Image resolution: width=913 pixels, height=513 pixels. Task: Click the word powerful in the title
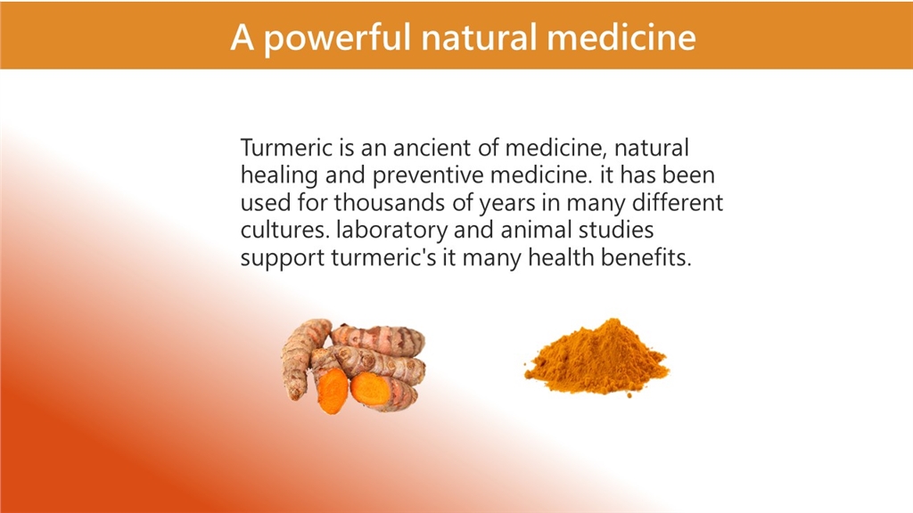point(337,38)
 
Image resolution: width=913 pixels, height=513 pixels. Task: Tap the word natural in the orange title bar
point(479,37)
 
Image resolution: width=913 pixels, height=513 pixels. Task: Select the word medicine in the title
point(621,37)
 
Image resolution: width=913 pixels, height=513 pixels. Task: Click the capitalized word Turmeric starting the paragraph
point(286,148)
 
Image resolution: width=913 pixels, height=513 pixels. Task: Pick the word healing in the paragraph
point(279,175)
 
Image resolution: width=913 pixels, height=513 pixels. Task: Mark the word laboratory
point(392,231)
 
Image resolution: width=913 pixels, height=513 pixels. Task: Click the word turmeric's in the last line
point(383,257)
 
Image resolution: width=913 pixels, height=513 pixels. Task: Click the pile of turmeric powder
point(596,358)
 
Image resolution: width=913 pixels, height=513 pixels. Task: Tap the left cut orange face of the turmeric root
point(333,390)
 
